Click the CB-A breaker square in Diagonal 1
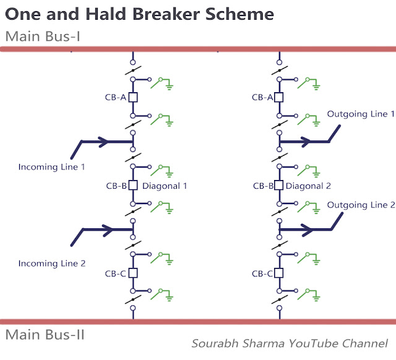132,97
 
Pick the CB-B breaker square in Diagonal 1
132,185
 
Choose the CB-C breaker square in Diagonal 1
132,273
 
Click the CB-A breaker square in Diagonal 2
279,97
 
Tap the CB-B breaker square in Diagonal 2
279,185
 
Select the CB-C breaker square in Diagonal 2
279,273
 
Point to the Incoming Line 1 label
52,167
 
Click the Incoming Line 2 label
52,264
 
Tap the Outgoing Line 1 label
361,114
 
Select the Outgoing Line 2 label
361,205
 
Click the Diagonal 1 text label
165,186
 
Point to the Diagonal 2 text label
309,186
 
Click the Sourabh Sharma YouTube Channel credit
290,343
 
